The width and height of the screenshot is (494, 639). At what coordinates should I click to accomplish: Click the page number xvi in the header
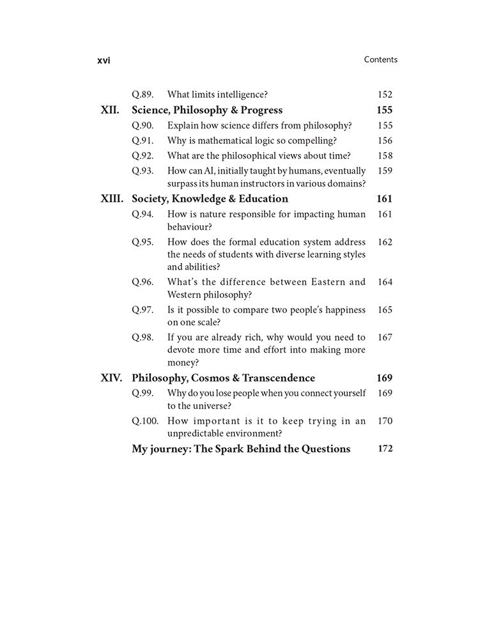point(104,60)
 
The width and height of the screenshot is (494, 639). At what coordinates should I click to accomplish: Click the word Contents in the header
point(380,59)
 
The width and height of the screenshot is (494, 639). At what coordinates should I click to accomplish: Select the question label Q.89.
point(143,95)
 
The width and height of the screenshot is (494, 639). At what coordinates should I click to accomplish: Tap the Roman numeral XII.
point(110,110)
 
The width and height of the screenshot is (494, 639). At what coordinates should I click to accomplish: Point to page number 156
point(385,141)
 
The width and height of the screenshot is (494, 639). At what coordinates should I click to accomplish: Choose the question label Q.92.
point(143,155)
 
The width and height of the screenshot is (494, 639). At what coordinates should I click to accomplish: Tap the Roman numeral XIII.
point(112,199)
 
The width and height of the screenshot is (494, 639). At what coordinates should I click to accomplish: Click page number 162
point(385,242)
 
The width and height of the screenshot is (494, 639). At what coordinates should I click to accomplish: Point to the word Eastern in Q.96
point(317,282)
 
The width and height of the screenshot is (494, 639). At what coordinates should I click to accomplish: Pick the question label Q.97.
point(143,310)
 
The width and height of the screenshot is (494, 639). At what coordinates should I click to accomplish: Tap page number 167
point(385,337)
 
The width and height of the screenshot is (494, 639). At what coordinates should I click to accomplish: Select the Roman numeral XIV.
point(112,378)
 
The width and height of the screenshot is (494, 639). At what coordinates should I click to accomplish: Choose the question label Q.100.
point(145,421)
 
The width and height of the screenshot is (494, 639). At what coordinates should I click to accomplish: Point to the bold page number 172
point(385,449)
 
